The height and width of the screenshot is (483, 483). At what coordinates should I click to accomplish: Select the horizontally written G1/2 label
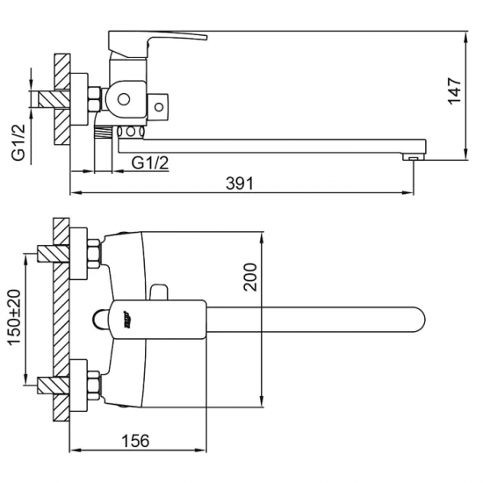150,162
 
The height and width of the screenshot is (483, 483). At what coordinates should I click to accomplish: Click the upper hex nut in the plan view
92,256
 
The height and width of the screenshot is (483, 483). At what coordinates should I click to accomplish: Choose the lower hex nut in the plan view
92,384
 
